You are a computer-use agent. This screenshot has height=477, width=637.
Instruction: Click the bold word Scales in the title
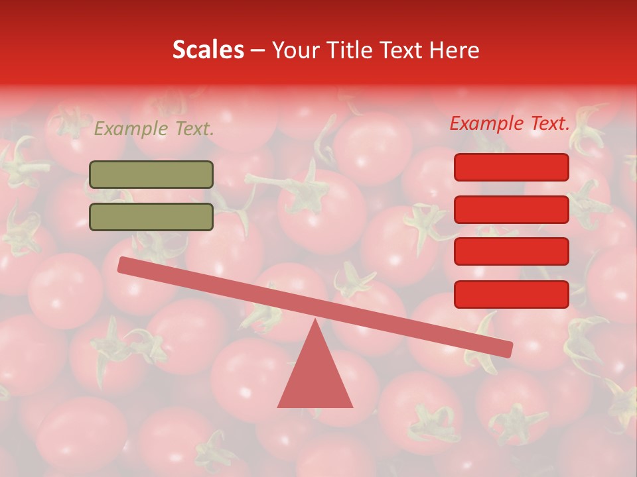(x=208, y=50)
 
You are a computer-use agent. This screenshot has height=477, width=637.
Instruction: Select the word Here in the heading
(x=454, y=50)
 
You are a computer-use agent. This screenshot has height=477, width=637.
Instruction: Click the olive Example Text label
(x=154, y=129)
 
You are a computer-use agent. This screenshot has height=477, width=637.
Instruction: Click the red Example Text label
(x=510, y=123)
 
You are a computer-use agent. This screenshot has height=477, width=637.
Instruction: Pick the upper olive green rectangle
(x=151, y=174)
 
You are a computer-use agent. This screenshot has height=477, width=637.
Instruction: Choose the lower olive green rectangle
(x=151, y=217)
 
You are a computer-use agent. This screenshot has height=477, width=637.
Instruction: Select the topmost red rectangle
(x=511, y=167)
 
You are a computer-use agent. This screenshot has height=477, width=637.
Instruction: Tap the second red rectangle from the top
(x=511, y=209)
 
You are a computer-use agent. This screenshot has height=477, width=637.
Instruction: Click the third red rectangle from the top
(x=511, y=251)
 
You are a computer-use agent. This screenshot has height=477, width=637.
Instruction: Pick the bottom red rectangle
(x=511, y=294)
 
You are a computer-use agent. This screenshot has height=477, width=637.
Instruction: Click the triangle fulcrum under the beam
(x=315, y=378)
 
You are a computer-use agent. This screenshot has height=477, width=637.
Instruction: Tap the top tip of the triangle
(x=315, y=322)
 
